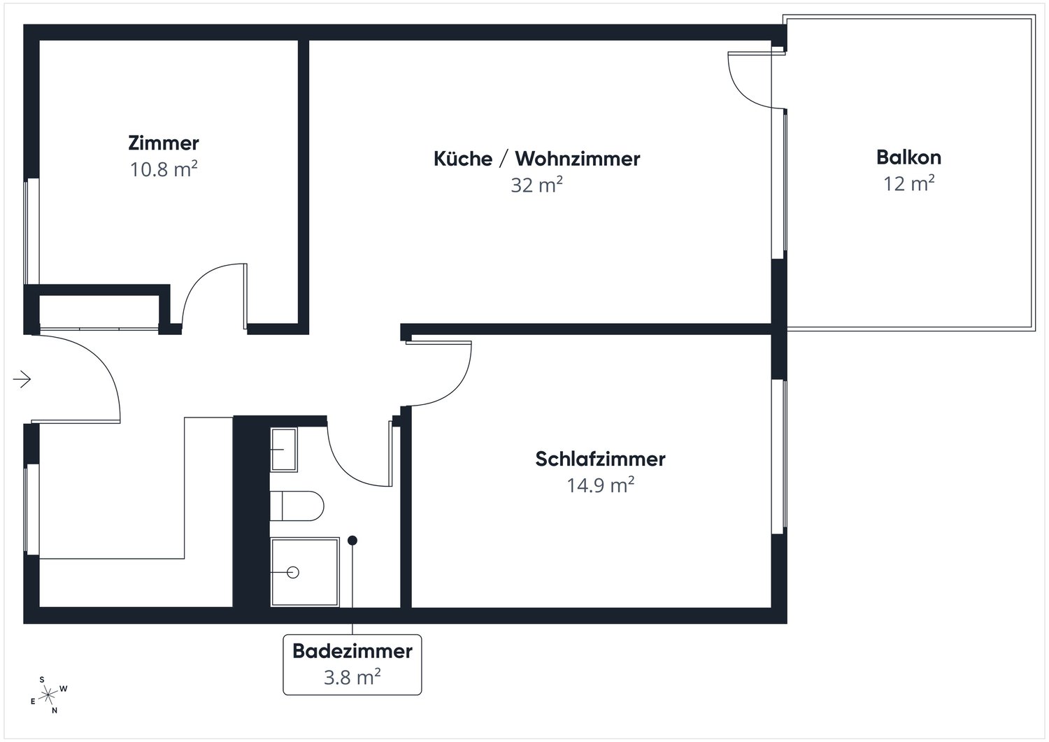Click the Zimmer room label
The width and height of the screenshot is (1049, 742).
coord(164,143)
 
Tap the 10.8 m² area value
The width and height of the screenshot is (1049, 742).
coord(164,169)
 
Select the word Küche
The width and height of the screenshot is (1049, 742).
coord(463,159)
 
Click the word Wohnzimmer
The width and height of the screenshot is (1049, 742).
coord(578,159)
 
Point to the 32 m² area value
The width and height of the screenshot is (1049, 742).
coord(536,185)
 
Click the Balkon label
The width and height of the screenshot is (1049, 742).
coord(908,157)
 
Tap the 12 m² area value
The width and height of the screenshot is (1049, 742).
coord(908,183)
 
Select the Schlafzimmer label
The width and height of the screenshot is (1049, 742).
coord(600,459)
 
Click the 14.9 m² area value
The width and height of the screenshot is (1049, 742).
coord(600,485)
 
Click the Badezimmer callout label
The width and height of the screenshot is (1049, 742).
coord(352,651)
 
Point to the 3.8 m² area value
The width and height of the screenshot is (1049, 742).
coord(352,677)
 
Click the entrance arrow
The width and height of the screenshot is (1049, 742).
coord(22,379)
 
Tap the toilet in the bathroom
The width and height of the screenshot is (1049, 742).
coord(297,506)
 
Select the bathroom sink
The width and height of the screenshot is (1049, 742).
coord(284,449)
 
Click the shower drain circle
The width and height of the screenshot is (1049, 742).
coord(293,572)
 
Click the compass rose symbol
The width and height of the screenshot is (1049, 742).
coord(48,695)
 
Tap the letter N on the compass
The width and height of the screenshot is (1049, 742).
coord(55,710)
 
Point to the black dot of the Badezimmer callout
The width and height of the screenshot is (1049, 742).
coord(352,540)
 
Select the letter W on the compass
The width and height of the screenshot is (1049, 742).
coord(64,688)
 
